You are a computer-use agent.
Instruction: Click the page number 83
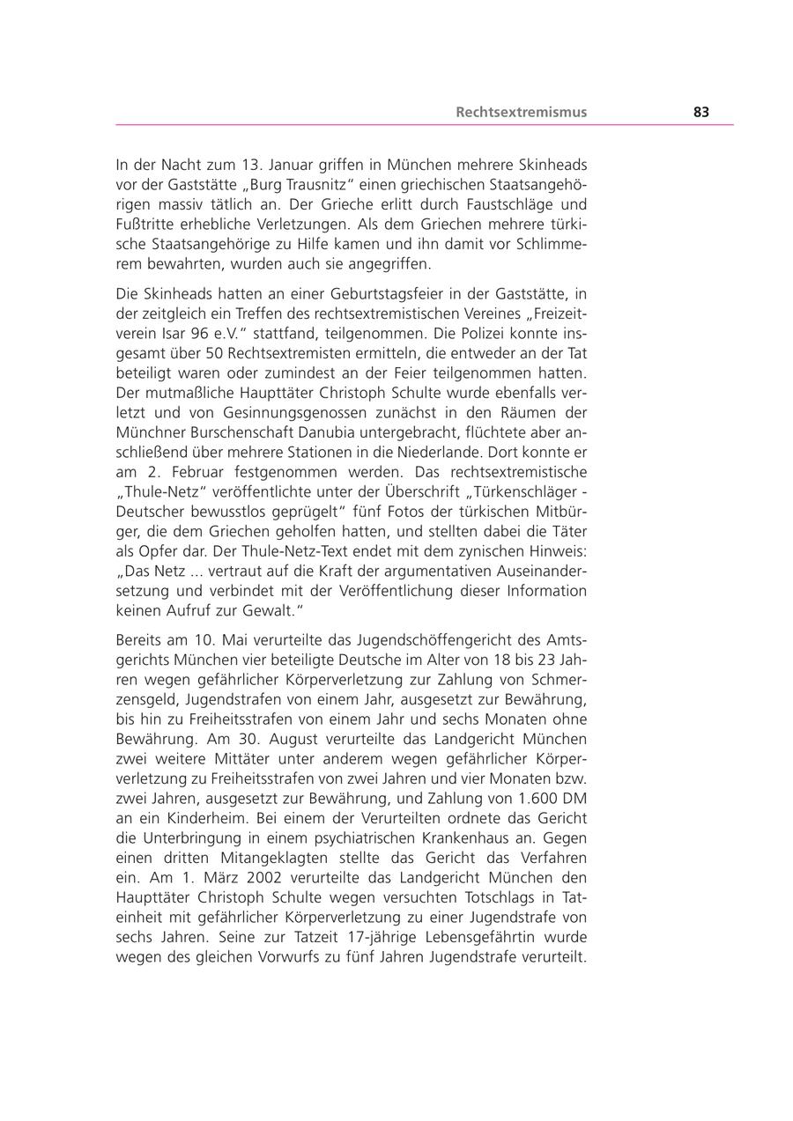(x=701, y=113)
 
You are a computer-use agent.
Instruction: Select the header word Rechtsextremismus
(x=521, y=113)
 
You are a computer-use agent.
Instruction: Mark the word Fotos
(x=409, y=513)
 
